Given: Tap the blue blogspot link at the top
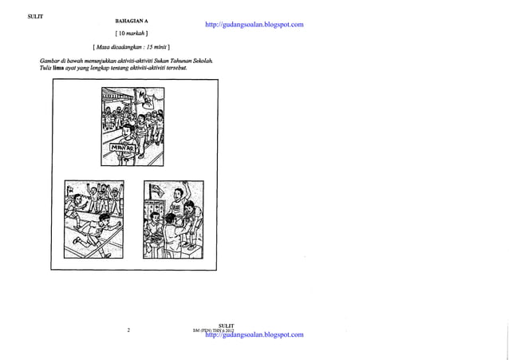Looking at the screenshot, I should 254,25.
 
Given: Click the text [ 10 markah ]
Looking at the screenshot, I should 133,34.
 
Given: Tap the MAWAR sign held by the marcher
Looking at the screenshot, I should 121,148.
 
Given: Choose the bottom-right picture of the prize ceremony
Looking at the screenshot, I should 172,220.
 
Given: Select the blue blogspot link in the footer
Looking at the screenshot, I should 254,334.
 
